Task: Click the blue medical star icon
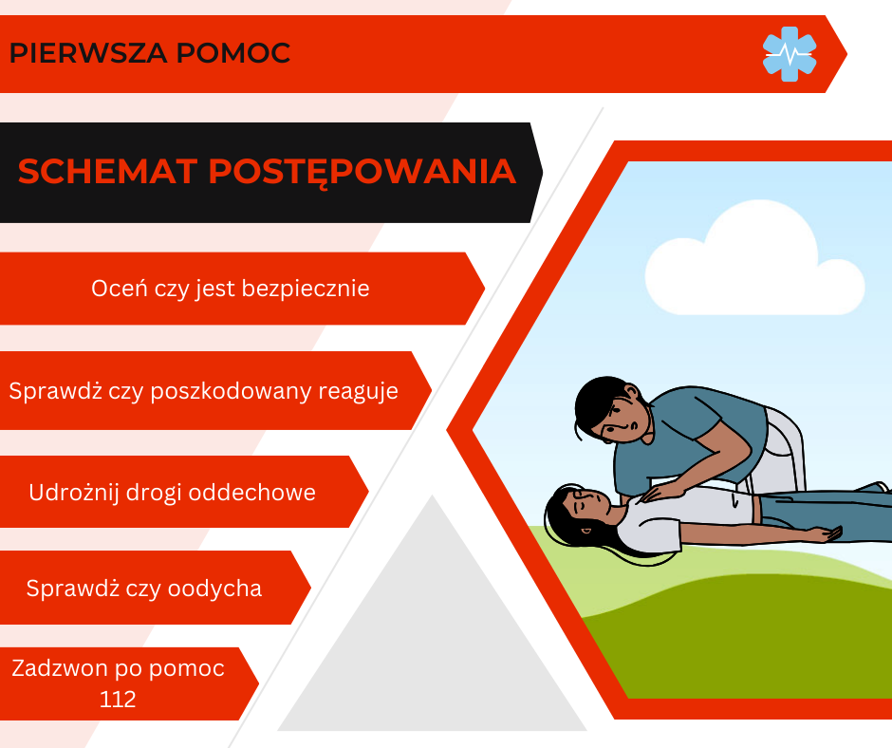[790, 54]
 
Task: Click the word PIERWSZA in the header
[88, 53]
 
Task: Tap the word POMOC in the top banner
[233, 53]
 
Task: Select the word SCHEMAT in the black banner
[107, 171]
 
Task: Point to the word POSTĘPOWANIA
[362, 172]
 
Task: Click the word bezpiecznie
[306, 288]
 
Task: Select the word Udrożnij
[73, 493]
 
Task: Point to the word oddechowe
[252, 493]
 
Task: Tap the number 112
[118, 699]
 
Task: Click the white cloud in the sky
[755, 262]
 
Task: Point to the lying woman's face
[587, 503]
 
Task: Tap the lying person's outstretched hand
[826, 534]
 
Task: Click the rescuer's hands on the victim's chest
[662, 491]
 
